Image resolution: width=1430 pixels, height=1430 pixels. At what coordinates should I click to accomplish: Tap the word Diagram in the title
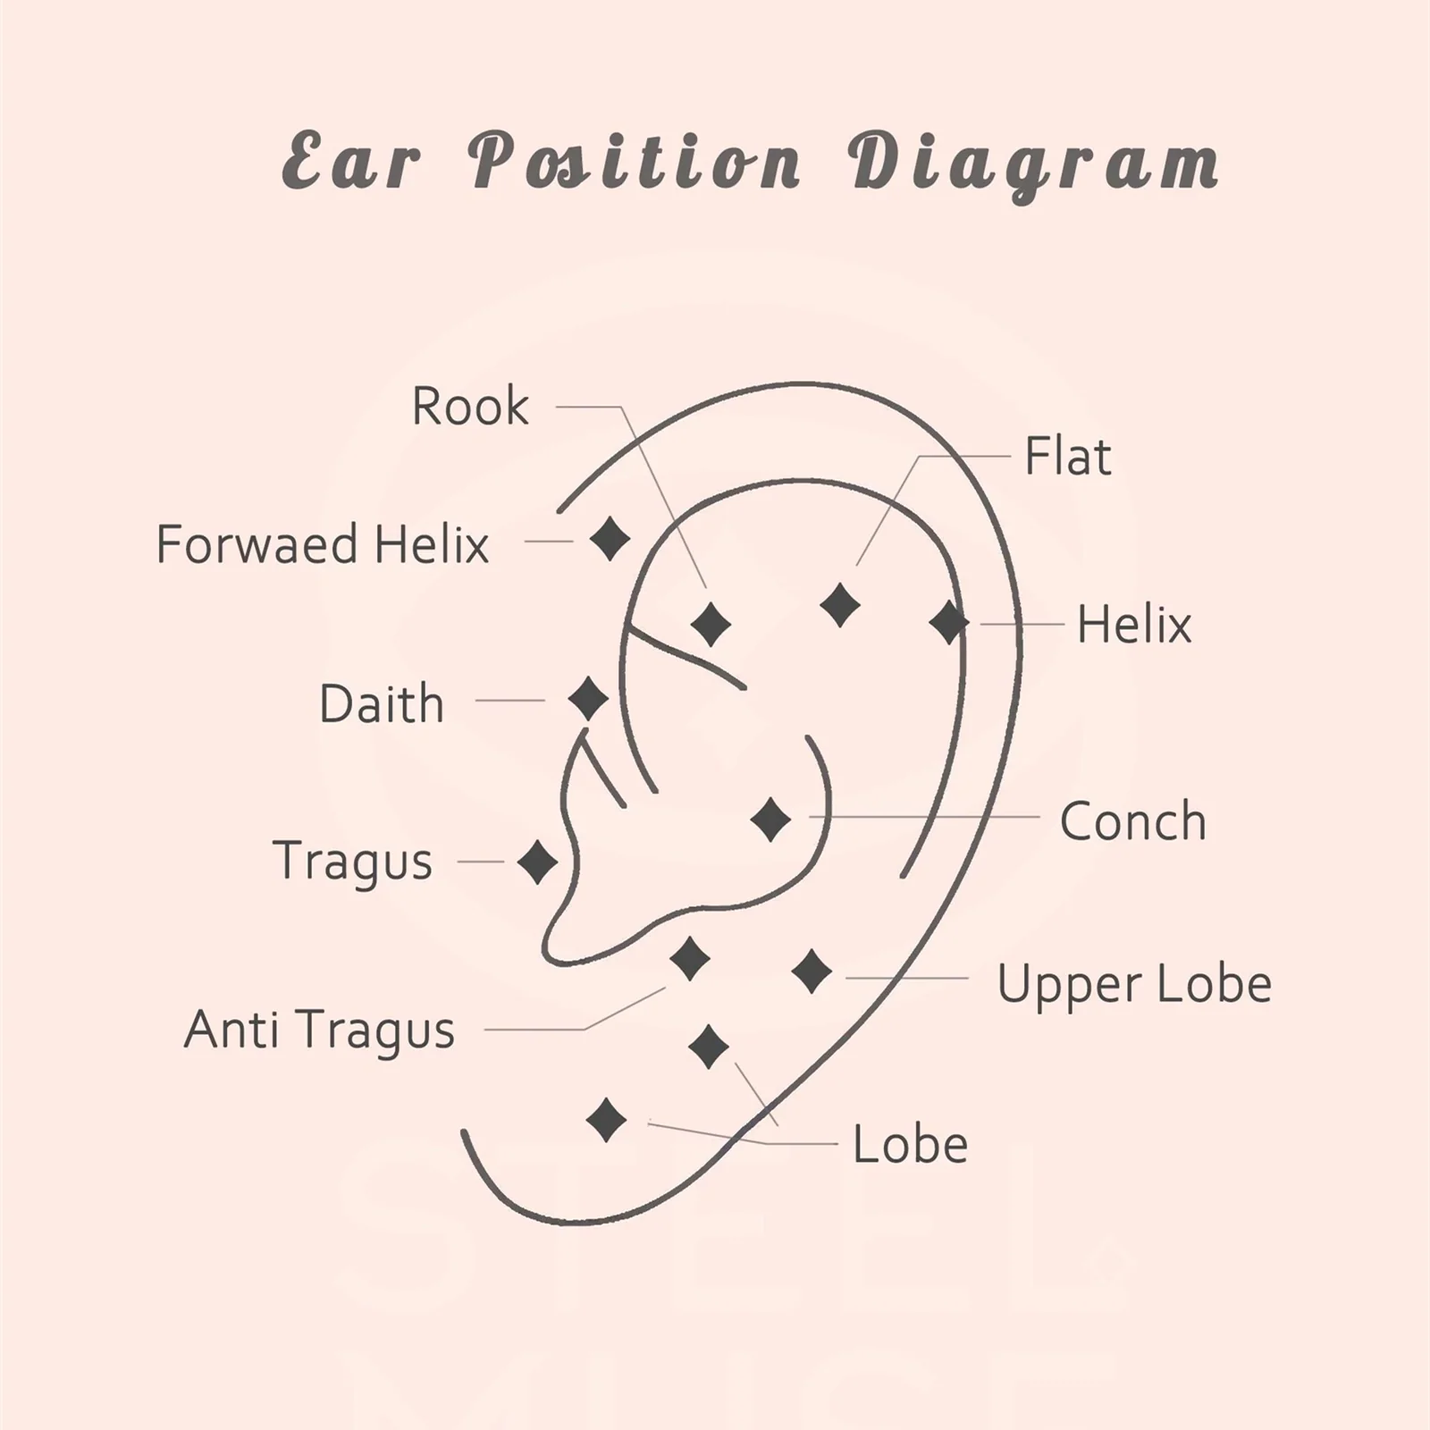point(1033,164)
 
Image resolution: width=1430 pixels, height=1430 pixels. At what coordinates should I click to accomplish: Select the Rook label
point(470,407)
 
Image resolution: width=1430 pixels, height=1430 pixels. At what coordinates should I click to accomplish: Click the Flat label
point(1067,457)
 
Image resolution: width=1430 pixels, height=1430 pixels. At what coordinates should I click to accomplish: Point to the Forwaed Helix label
point(323,544)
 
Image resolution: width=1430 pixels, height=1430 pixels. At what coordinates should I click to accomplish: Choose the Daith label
point(382,703)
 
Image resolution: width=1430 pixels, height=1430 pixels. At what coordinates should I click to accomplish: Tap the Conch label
point(1132,820)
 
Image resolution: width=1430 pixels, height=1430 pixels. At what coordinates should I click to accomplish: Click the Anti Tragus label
point(319,1029)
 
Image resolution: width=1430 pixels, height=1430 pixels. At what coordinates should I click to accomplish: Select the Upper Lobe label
point(1134,984)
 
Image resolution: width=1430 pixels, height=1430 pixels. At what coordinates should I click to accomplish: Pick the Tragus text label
point(352,861)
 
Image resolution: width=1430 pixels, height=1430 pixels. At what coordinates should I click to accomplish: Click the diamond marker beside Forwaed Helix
point(610,539)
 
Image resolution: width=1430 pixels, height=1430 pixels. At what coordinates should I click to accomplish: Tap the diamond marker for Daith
point(588,699)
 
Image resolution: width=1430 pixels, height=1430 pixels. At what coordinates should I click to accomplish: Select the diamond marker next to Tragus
point(537,862)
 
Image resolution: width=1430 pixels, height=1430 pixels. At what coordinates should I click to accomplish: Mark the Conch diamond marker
point(770,820)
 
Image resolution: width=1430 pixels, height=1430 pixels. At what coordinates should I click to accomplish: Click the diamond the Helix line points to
point(948,623)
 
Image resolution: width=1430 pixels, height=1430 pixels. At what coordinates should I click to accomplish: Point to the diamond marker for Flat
point(840,606)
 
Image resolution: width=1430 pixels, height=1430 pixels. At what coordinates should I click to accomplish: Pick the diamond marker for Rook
point(711,624)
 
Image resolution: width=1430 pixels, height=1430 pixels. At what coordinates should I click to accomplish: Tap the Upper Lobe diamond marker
point(812,972)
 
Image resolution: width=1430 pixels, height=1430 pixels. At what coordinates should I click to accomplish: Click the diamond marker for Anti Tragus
point(690,959)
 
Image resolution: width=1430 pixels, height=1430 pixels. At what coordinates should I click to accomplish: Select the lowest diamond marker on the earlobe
point(606,1120)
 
